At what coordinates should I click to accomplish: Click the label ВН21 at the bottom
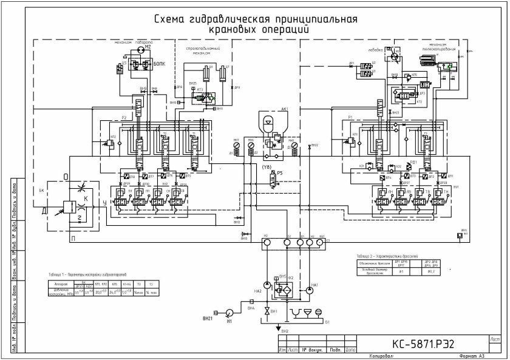(x=208, y=318)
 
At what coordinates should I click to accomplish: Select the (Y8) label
(x=265, y=165)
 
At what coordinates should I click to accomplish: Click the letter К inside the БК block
(x=85, y=199)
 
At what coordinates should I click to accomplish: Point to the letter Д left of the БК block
(x=43, y=211)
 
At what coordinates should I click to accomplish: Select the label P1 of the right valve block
(x=350, y=117)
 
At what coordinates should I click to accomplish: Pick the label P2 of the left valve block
(x=123, y=117)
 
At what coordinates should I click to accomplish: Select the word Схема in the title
(x=172, y=19)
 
